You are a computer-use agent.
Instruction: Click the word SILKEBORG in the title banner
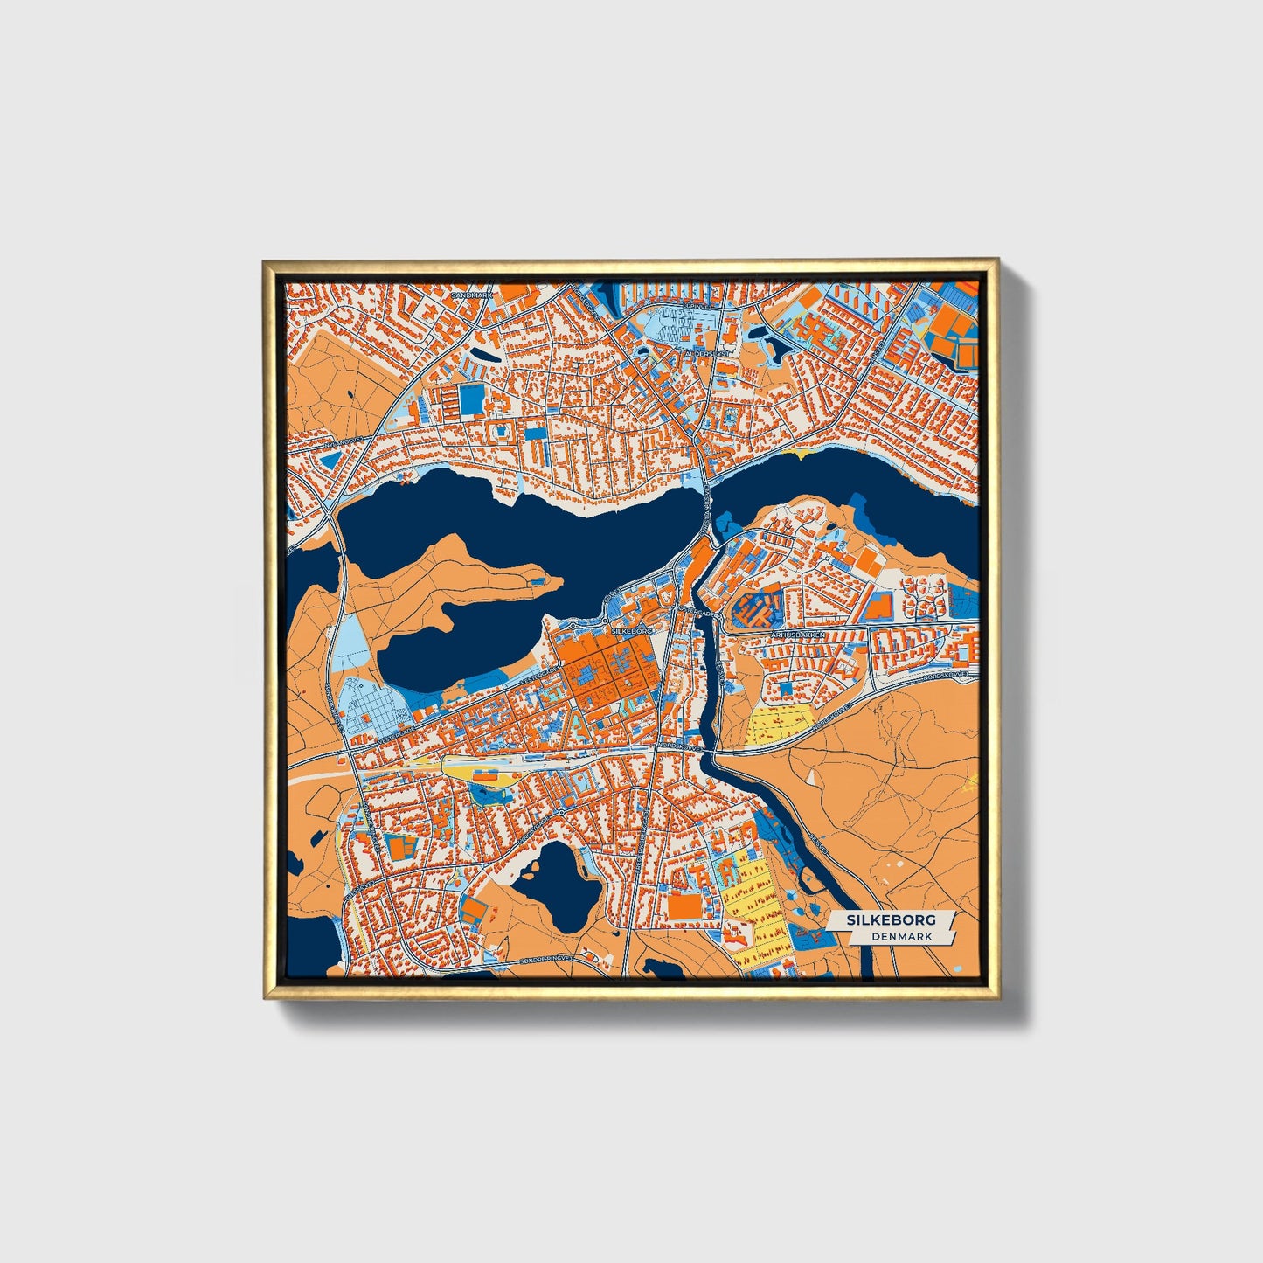pos(890,919)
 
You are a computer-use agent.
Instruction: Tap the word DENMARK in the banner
pos(901,936)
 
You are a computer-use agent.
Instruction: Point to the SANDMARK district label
pos(472,295)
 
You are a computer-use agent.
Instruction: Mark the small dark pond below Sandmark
pos(479,358)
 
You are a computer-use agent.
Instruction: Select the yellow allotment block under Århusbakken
pos(781,725)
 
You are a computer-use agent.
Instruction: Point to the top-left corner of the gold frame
pos(265,261)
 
